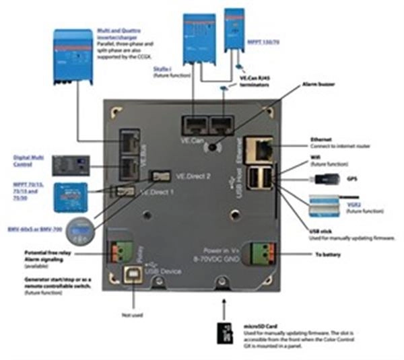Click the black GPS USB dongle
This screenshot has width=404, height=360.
pos(321,179)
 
